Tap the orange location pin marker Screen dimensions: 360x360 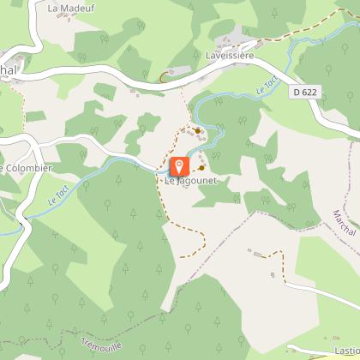tap(180, 166)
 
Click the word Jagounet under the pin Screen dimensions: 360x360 tap(193, 181)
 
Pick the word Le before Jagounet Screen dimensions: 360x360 tap(170, 181)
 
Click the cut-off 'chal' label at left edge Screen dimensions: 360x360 tap(9, 69)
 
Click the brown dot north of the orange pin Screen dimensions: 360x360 tap(198, 131)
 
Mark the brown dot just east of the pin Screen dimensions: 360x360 tap(201, 168)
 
